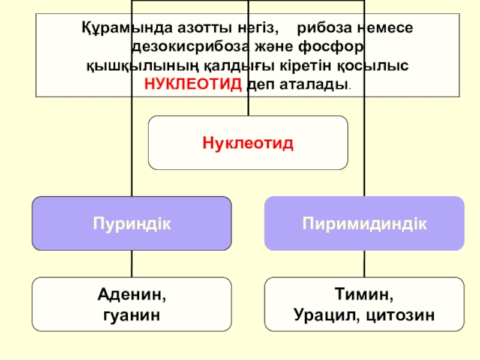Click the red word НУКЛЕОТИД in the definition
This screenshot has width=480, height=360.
click(x=194, y=83)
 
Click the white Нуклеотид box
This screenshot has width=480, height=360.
click(x=248, y=143)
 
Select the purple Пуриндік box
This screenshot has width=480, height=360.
click(x=131, y=223)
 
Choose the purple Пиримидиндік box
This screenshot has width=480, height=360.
click(x=364, y=223)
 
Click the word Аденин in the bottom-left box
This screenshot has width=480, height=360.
click(x=131, y=296)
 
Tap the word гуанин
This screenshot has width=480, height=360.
click(x=131, y=314)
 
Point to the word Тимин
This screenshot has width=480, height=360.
click(x=364, y=296)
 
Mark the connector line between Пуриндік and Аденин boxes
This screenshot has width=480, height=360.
click(x=131, y=263)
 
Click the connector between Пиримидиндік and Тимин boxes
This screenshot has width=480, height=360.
click(x=364, y=263)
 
